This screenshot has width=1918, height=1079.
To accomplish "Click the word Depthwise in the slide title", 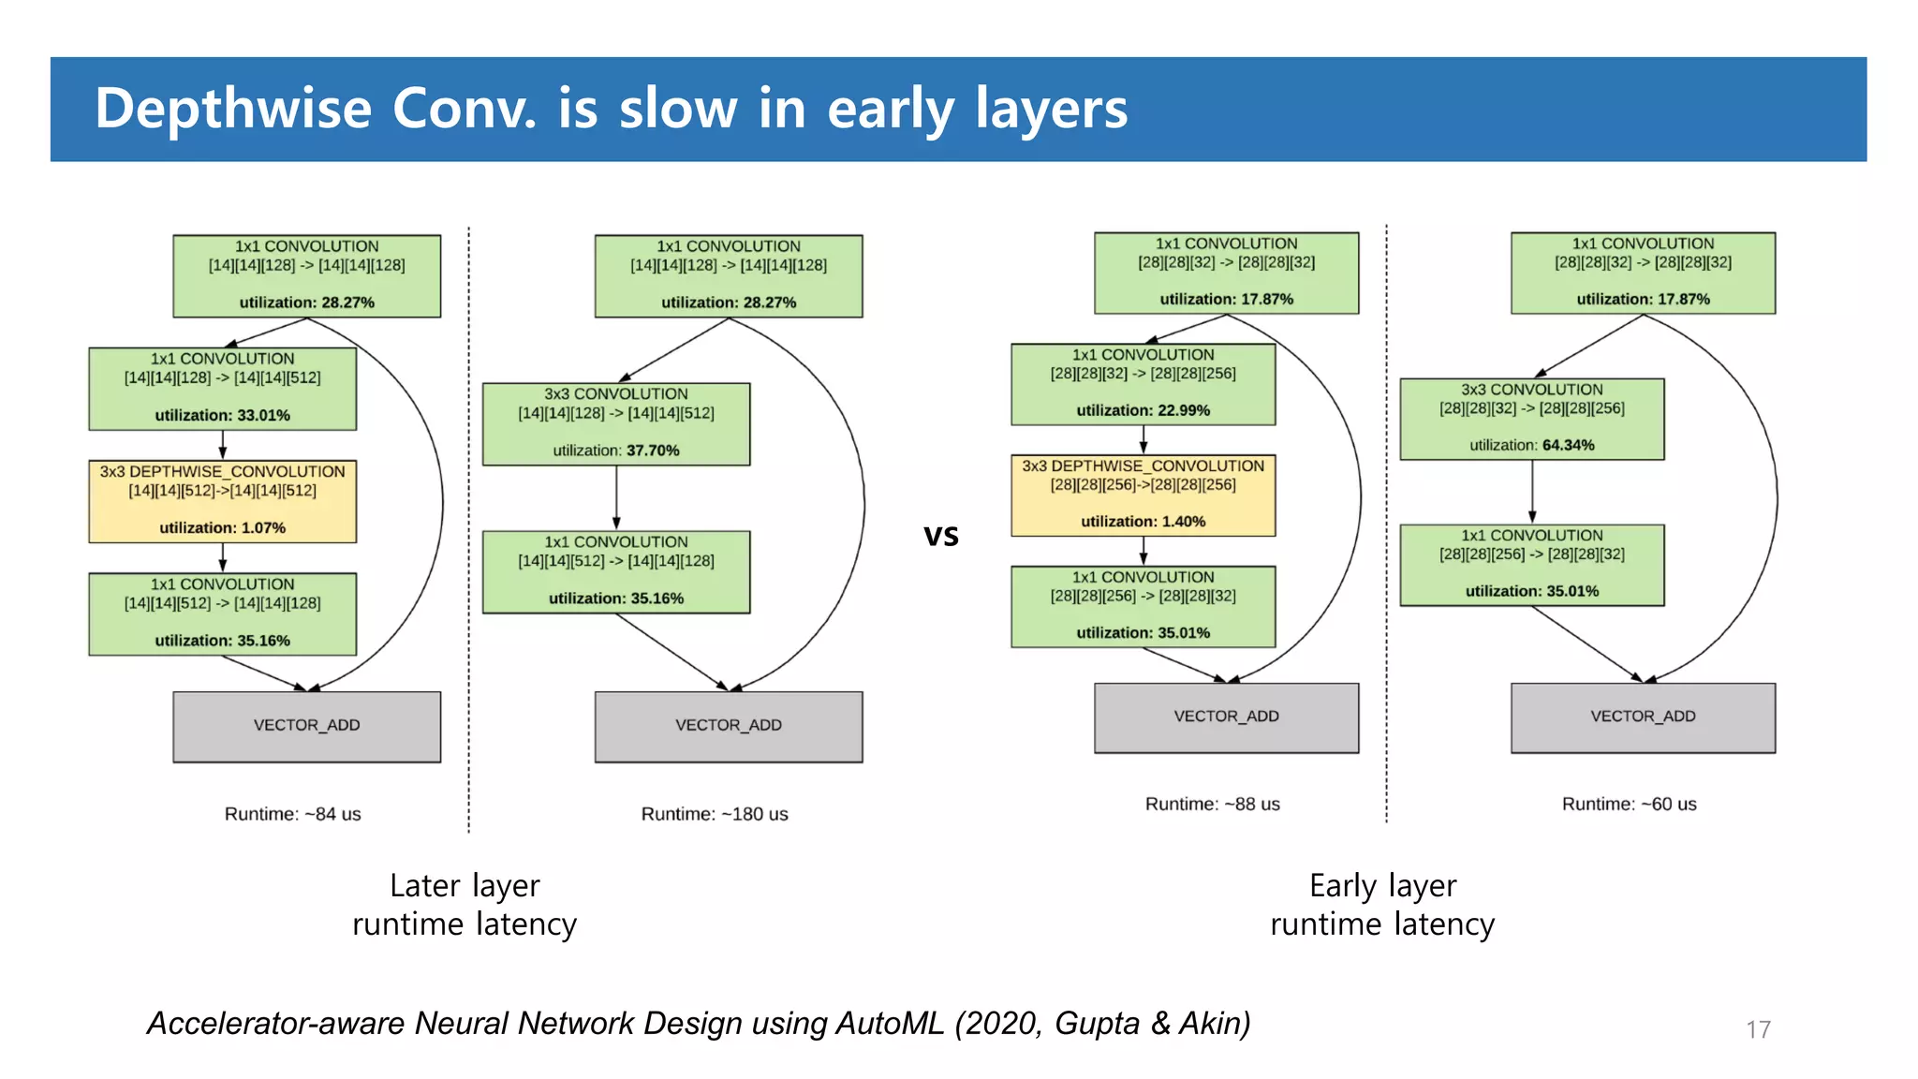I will click(233, 109).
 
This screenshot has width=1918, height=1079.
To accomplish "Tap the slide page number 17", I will click(1758, 1029).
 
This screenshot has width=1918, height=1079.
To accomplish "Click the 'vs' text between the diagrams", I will click(941, 536).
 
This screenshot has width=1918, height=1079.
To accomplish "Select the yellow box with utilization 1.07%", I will click(223, 501).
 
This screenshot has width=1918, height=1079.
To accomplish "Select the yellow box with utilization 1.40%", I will click(1143, 495).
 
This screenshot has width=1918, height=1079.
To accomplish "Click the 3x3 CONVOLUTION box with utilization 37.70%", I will click(616, 423).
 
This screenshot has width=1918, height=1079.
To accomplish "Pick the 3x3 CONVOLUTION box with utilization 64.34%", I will click(1531, 419).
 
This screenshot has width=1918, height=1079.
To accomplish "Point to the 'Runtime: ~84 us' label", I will click(292, 814).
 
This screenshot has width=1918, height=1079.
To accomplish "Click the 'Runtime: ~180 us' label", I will click(714, 814).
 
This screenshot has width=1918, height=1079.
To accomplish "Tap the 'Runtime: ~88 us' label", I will click(1212, 804).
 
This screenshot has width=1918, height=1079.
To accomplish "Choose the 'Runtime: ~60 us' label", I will click(1629, 804).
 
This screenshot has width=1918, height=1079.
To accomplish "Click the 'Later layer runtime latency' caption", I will click(465, 905).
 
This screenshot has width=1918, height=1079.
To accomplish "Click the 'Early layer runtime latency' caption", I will click(1382, 905).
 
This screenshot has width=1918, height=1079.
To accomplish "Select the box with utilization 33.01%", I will click(223, 389).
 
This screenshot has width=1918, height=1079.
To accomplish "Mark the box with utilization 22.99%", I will click(1143, 384).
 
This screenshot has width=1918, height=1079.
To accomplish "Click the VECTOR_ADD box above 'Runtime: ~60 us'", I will click(1643, 717).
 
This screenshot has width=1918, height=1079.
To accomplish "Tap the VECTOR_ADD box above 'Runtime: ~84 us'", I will click(306, 727).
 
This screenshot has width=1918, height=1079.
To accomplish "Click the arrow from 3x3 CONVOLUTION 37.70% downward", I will click(616, 497).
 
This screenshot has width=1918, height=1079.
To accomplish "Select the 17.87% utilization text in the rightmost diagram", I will click(1643, 299).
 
